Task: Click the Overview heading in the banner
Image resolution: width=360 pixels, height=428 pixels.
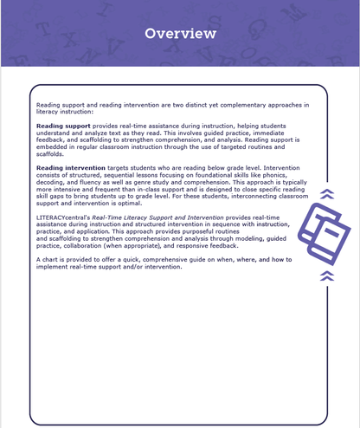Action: tap(180, 34)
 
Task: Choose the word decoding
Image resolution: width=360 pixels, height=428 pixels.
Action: tap(53, 186)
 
